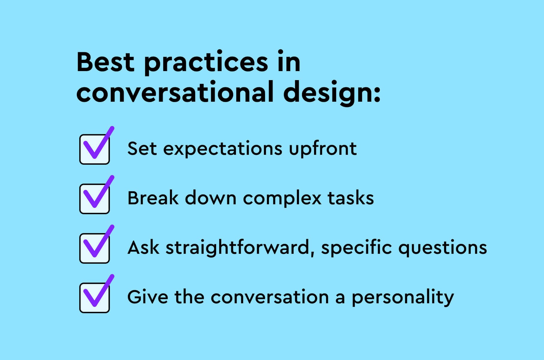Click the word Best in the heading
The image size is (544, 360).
click(105, 62)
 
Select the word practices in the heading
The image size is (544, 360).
click(206, 63)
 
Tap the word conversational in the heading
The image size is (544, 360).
click(175, 92)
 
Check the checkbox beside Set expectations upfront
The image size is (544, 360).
click(95, 149)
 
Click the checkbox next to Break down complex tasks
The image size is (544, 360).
click(95, 199)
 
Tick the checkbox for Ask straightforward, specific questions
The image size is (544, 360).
click(95, 248)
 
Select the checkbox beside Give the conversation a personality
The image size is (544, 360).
click(95, 298)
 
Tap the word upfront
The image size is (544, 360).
click(323, 149)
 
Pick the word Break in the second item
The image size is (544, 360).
click(153, 198)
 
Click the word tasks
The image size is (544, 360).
click(350, 198)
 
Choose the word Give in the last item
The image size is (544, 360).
click(147, 297)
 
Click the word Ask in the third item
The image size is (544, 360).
click(143, 248)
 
